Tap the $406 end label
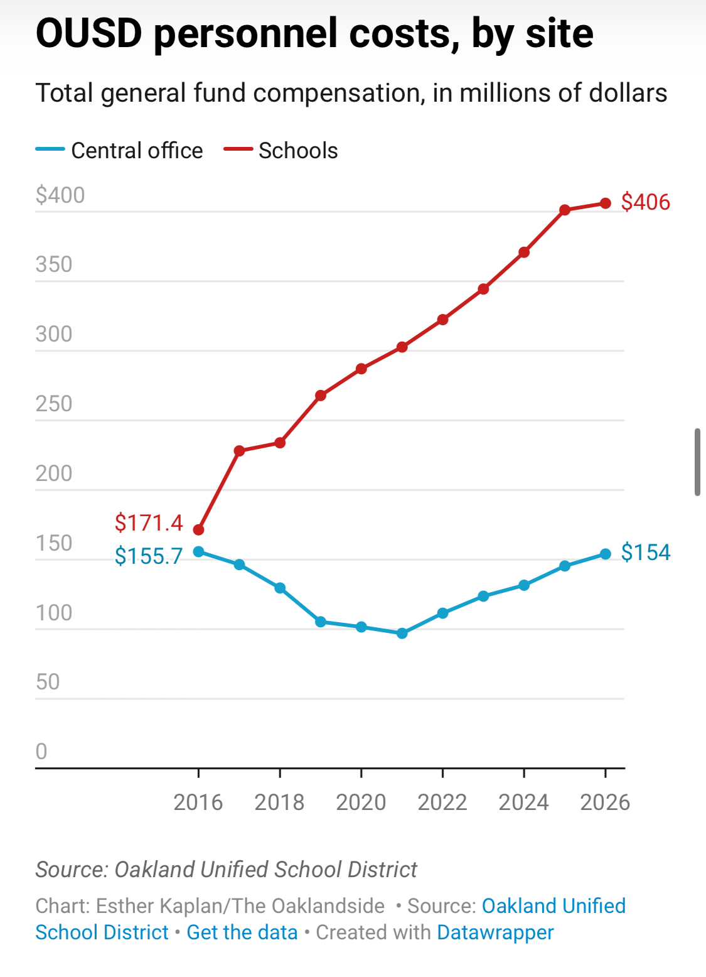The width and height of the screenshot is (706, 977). tap(645, 202)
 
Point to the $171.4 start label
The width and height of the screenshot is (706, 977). tap(149, 522)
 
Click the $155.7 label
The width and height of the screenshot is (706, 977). tap(149, 556)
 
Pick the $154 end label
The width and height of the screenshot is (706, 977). tap(645, 553)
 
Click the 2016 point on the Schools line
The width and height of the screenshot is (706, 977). tap(198, 530)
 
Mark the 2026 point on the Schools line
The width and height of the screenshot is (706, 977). tap(606, 203)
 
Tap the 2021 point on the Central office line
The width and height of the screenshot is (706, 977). tap(402, 634)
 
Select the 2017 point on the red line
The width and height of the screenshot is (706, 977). tap(239, 451)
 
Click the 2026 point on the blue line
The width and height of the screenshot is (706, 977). tap(606, 554)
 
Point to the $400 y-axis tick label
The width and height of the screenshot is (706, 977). tap(60, 195)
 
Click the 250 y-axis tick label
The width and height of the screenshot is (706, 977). tap(54, 404)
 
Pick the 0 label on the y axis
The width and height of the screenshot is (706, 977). tap(41, 751)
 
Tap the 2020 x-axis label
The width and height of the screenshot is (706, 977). tap(361, 802)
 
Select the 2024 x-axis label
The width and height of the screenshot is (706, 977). tap(523, 802)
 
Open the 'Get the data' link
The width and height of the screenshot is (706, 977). tap(242, 932)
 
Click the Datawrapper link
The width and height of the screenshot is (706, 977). tap(495, 932)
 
